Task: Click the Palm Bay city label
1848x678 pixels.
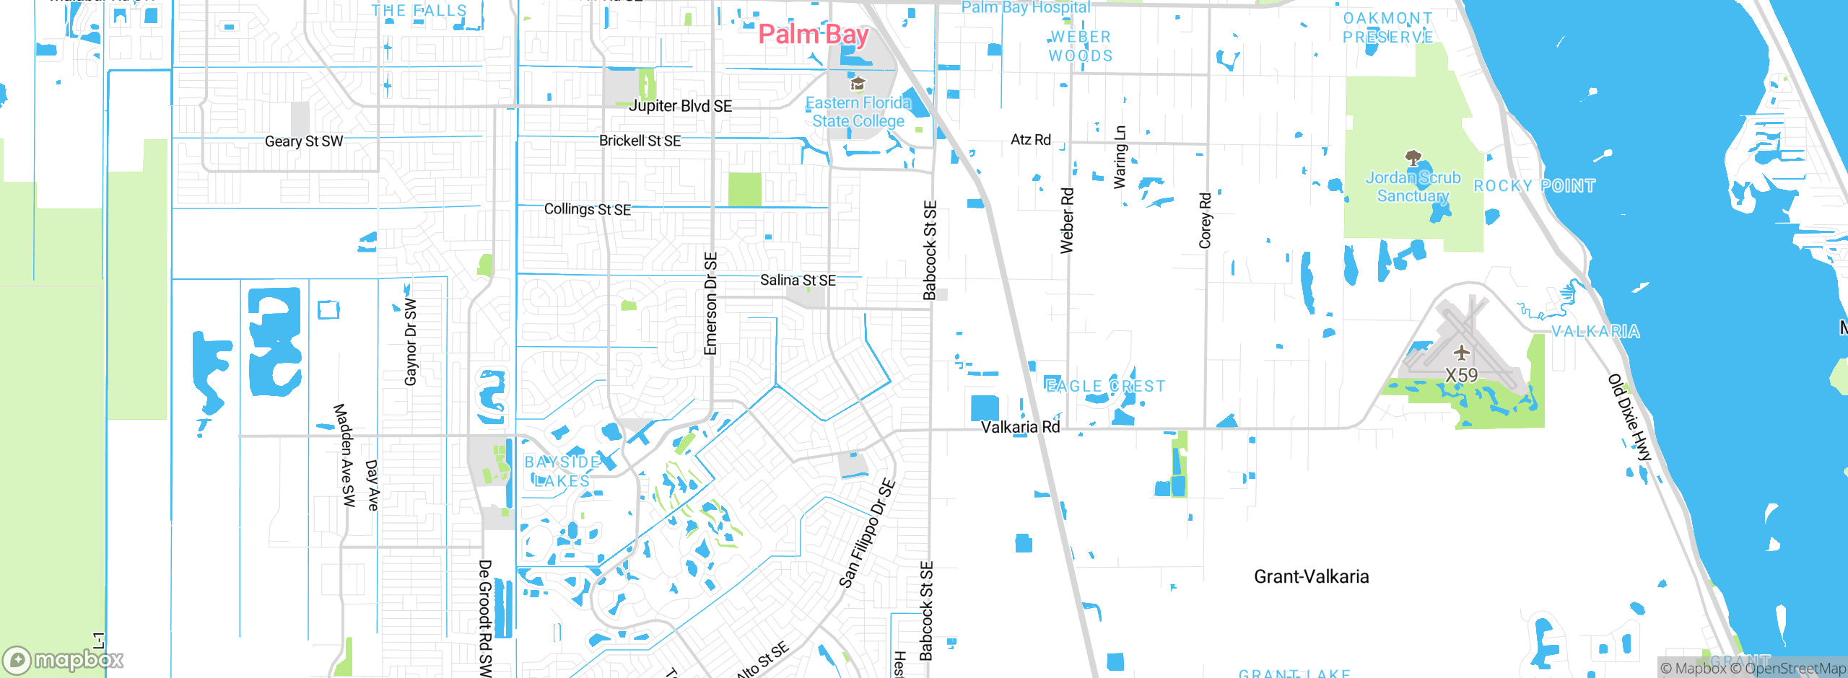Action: (x=814, y=34)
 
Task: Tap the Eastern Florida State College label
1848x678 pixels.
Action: (x=858, y=113)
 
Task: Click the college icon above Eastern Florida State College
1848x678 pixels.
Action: (x=858, y=84)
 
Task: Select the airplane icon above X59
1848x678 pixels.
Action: (x=1462, y=353)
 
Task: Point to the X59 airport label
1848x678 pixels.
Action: (x=1462, y=375)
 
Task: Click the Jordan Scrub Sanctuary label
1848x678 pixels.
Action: (x=1413, y=187)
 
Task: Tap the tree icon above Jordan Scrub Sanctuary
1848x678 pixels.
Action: (x=1413, y=158)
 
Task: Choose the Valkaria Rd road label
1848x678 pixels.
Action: (x=1020, y=427)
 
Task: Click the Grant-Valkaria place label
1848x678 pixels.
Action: (x=1311, y=576)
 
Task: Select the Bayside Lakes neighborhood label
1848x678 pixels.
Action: (x=562, y=472)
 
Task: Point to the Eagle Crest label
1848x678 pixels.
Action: (x=1105, y=387)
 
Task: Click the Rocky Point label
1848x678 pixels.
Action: (x=1534, y=186)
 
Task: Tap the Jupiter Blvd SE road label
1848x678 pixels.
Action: (x=680, y=106)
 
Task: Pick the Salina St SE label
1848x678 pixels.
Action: (x=798, y=280)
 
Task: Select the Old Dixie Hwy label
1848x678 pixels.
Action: (x=1630, y=418)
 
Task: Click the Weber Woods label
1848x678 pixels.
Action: (x=1080, y=46)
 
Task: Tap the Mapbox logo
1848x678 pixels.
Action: (x=64, y=660)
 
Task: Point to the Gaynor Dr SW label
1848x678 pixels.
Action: (x=411, y=341)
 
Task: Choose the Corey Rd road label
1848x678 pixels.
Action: (x=1205, y=221)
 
